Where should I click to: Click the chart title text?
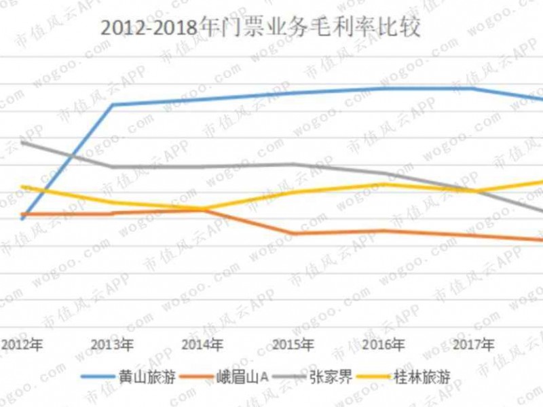point(261,28)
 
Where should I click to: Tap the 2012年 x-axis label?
point(22,345)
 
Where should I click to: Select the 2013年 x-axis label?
point(112,345)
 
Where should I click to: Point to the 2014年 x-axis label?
point(203,345)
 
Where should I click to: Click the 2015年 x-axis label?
point(293,345)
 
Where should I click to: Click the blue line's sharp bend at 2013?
point(113,104)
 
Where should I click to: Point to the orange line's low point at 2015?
point(293,233)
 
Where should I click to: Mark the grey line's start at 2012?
point(22,142)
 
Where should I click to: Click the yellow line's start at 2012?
point(22,187)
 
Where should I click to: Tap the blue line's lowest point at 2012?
point(22,218)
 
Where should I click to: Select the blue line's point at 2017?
point(473,88)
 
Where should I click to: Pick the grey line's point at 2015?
point(293,163)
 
